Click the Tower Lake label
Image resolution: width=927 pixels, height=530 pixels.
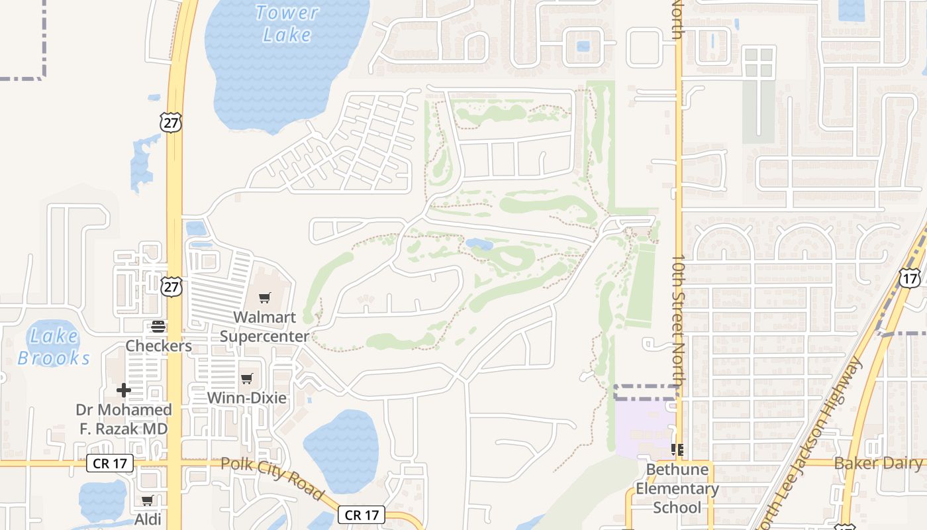[287, 23]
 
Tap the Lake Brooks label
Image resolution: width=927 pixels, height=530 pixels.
[53, 347]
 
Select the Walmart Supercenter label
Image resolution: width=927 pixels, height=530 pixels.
[264, 327]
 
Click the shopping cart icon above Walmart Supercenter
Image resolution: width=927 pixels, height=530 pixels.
[265, 297]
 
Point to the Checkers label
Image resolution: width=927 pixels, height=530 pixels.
[159, 346]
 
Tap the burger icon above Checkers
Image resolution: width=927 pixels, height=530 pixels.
[158, 326]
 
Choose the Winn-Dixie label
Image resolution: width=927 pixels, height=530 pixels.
[247, 398]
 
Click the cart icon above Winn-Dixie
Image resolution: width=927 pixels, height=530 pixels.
[247, 378]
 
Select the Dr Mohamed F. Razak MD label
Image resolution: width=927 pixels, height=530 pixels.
[124, 419]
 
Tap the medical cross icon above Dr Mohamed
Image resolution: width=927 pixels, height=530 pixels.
[124, 390]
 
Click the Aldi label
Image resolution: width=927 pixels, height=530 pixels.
[148, 519]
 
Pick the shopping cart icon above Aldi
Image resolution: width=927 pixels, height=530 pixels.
[148, 500]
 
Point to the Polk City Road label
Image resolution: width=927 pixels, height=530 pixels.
[272, 478]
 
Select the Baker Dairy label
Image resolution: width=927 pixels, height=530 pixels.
[878, 463]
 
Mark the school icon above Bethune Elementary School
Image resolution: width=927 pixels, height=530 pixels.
[677, 450]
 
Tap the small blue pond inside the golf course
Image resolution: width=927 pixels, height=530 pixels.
[479, 244]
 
